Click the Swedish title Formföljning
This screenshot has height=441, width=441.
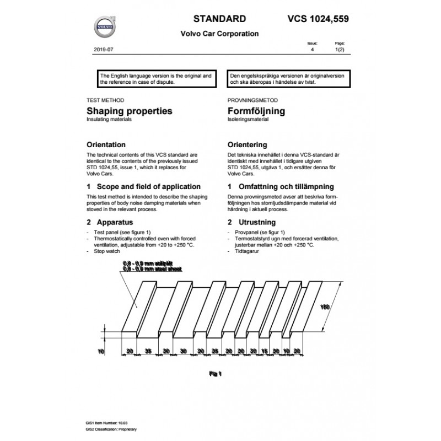point(256,111)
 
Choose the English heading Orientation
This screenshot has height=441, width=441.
point(110,145)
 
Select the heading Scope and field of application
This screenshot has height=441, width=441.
point(143,187)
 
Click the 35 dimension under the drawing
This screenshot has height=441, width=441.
point(148,352)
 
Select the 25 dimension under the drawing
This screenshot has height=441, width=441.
point(216,352)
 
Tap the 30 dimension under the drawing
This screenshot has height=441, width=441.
point(184,352)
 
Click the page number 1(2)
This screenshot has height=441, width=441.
point(340,50)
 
